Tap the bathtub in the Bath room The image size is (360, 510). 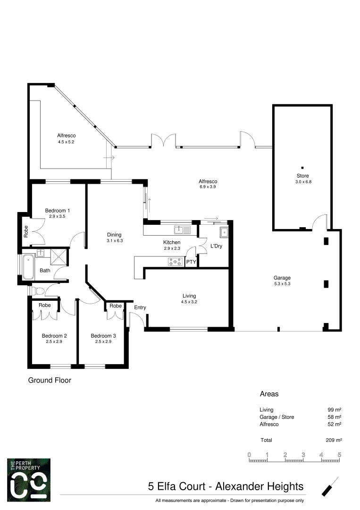(29, 267)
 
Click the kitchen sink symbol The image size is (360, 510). (182, 230)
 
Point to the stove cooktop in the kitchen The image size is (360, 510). (175, 261)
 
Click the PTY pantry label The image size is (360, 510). (191, 262)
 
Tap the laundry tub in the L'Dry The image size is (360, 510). (223, 232)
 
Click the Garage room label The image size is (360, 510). (282, 278)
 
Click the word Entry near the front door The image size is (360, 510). (140, 307)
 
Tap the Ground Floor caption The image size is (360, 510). (50, 380)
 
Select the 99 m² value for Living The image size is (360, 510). (335, 410)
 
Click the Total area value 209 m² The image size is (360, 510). (334, 440)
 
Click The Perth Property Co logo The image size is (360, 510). (29, 479)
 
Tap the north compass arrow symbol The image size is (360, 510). (330, 486)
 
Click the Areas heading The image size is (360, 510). (269, 393)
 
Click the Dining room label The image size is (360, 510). (114, 235)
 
